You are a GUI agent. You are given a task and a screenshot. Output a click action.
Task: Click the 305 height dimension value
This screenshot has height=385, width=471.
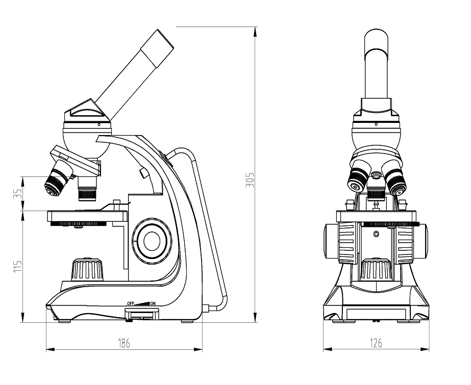pyautogui.click(x=250, y=180)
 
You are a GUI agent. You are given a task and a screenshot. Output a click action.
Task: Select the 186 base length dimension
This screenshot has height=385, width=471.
pyautogui.click(x=124, y=343)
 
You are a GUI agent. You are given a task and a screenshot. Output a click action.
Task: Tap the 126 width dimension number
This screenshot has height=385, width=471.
pyautogui.click(x=376, y=343)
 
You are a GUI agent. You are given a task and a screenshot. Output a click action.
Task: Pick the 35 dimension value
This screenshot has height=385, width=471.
pyautogui.click(x=18, y=193)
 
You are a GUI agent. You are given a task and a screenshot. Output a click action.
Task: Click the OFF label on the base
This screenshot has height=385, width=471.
pyautogui.click(x=130, y=303)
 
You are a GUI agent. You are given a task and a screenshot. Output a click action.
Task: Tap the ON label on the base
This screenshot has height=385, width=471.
pyautogui.click(x=153, y=303)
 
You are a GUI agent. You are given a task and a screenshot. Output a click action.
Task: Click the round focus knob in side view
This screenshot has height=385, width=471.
pyautogui.click(x=152, y=241)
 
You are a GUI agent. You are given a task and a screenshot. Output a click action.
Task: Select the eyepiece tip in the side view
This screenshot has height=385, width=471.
pyautogui.click(x=157, y=48)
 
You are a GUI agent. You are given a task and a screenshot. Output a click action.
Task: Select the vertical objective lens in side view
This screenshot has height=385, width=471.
pyautogui.click(x=87, y=189)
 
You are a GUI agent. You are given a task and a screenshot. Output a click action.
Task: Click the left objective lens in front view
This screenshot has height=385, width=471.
pyautogui.click(x=358, y=178)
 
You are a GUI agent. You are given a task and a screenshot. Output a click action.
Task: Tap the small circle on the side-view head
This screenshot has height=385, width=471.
pyautogui.click(x=99, y=124)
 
